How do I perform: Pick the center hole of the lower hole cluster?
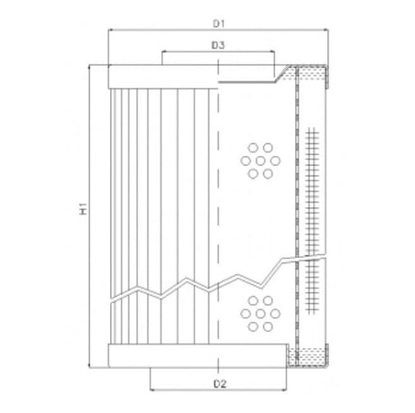(x=259, y=308)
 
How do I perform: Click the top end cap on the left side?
(x=162, y=78)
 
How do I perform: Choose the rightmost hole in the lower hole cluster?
(x=273, y=308)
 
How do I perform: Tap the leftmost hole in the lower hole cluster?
(x=244, y=308)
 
